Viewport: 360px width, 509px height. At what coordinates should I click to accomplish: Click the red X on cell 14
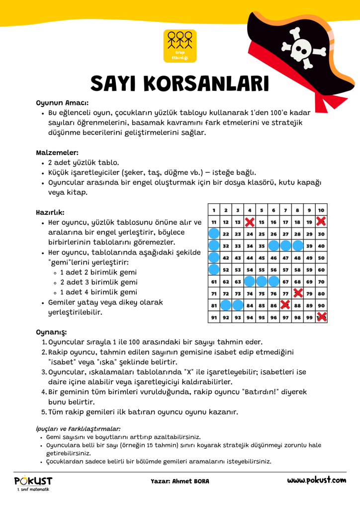250,222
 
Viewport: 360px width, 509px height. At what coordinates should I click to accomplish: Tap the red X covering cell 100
322,317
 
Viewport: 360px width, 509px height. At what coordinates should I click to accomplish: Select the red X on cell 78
298,293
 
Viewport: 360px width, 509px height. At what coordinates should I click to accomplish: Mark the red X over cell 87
285,305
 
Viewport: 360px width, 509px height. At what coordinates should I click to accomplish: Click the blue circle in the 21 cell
214,234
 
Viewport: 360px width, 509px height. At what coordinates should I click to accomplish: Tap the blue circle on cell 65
262,281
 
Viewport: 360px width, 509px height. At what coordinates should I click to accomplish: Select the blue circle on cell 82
226,305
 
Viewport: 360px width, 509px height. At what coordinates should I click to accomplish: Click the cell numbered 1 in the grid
214,210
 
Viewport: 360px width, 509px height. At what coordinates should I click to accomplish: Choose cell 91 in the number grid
214,317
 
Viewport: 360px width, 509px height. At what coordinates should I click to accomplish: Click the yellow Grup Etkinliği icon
180,46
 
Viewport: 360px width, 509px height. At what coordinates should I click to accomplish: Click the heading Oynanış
51,332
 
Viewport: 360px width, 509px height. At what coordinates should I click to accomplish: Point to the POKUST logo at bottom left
33,482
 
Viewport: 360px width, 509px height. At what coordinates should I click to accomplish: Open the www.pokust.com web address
316,480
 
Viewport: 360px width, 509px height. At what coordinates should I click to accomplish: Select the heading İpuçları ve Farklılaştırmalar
78,428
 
